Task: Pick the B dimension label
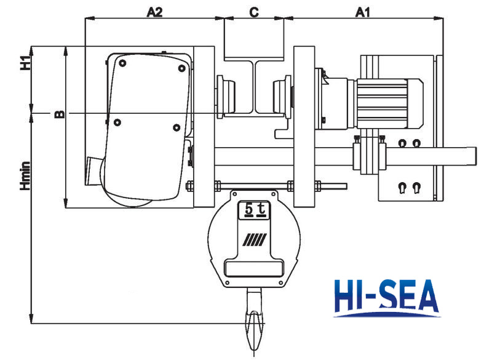click(x=58, y=113)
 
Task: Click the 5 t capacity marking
click(x=253, y=210)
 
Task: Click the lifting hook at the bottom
click(x=254, y=323)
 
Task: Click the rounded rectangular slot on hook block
click(x=253, y=268)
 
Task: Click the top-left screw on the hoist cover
click(x=124, y=63)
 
